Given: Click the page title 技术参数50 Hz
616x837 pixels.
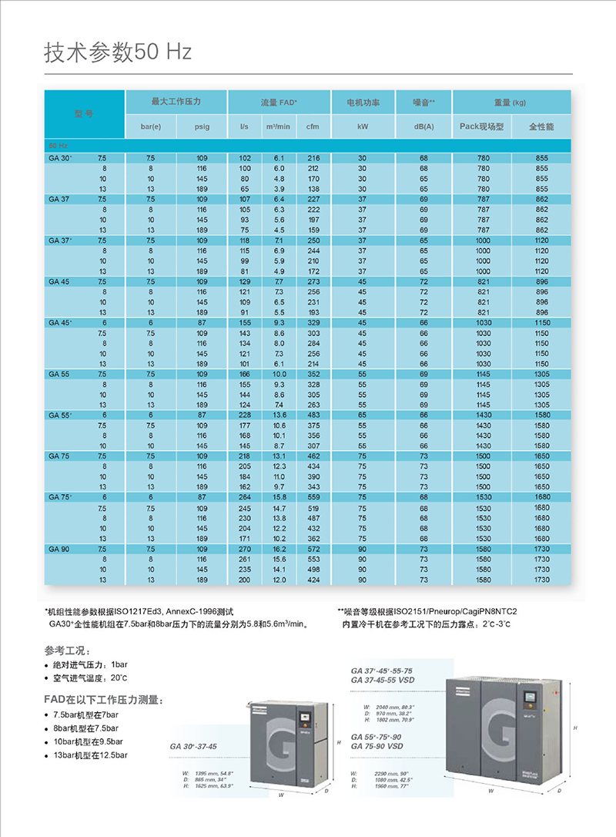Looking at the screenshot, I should (118, 52).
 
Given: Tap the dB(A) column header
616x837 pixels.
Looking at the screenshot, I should (423, 126).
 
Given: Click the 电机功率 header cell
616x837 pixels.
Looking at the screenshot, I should (363, 102).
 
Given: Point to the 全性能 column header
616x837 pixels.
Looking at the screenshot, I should (541, 126).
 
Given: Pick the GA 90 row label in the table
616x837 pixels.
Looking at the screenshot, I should (59, 548).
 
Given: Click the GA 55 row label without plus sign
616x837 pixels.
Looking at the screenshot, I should (59, 374).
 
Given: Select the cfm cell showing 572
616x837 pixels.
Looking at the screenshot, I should (313, 548).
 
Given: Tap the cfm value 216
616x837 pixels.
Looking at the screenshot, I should (313, 158).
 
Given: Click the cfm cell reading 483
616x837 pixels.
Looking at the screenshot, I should (313, 415).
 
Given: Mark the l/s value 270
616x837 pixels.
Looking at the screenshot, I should (245, 548).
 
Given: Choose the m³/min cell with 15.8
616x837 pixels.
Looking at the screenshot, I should (280, 497).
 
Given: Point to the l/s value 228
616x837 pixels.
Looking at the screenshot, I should (245, 415).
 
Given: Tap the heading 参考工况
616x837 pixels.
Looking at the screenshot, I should (68, 650).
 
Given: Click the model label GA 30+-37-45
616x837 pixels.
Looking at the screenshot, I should (194, 746).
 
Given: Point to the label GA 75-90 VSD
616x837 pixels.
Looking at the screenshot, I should (377, 746).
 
